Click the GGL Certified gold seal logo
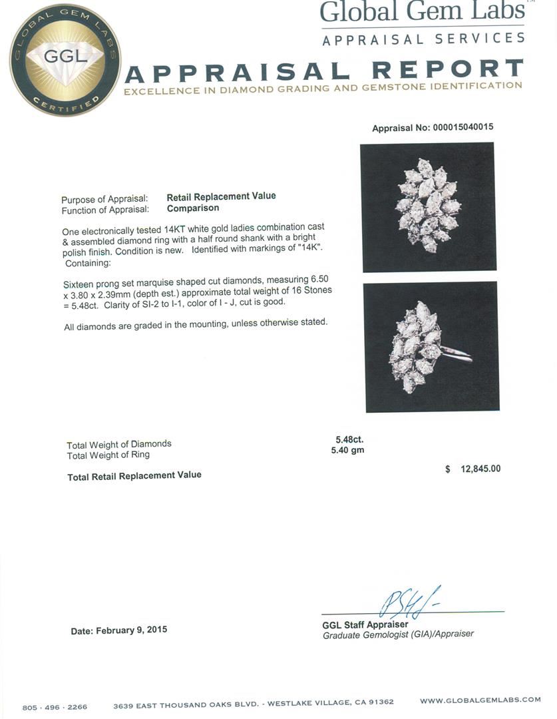point(65,60)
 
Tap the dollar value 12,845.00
point(479,469)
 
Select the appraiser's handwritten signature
point(409,602)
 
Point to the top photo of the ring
point(428,206)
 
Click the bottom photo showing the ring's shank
point(431,346)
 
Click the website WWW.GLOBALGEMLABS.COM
point(480,700)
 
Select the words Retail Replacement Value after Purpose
point(221,196)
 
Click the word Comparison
point(192,208)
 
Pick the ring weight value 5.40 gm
point(347,451)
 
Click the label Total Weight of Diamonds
point(118,444)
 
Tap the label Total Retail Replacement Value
point(134,475)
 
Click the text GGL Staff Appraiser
point(365,624)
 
